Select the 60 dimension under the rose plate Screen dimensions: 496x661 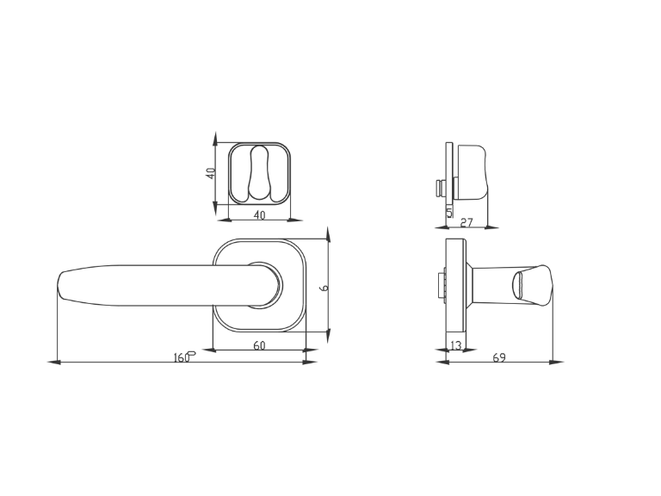click(259, 345)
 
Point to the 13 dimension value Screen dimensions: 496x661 click(456, 345)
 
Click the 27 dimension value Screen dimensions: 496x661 click(466, 222)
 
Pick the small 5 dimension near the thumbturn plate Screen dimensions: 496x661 click(448, 210)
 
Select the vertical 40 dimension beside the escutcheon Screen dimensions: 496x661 click(210, 173)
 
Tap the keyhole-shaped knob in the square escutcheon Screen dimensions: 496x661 click(259, 173)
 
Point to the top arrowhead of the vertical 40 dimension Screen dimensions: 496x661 click(216, 138)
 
